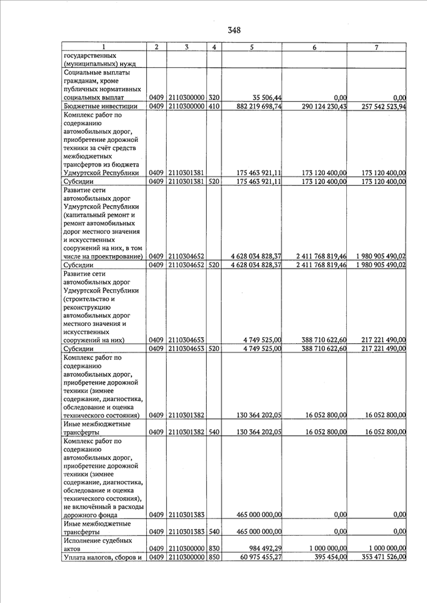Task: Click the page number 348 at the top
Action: (234, 30)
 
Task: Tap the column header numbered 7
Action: (377, 47)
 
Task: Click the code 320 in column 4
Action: (214, 98)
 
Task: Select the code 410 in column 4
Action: (214, 106)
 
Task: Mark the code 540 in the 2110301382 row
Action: (214, 432)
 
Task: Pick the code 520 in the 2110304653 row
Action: (214, 348)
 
